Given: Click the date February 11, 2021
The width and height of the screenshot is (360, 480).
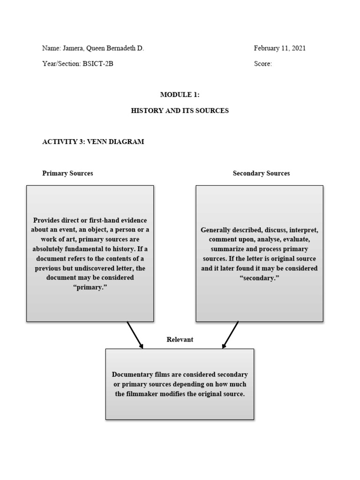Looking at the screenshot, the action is click(x=280, y=48).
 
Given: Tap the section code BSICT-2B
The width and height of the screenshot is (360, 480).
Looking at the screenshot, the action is click(x=98, y=64).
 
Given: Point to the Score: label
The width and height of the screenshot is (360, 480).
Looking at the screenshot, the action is click(x=262, y=64).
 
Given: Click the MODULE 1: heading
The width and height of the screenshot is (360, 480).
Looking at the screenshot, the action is click(x=180, y=95).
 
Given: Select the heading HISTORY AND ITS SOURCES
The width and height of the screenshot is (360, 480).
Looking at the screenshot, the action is click(x=180, y=111).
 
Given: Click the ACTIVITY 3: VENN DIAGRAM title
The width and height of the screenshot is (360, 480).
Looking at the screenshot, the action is click(x=93, y=142).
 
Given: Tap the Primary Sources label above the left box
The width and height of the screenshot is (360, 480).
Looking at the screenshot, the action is click(x=67, y=173).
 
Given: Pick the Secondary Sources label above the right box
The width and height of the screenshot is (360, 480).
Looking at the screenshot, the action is click(x=261, y=173).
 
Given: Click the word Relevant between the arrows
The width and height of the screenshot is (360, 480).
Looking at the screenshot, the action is click(x=180, y=339).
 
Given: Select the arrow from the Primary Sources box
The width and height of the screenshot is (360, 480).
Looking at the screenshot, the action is click(x=135, y=335).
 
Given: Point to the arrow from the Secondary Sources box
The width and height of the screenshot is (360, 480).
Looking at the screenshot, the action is click(x=230, y=335).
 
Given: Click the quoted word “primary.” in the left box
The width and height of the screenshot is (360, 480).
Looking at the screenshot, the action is click(x=90, y=287).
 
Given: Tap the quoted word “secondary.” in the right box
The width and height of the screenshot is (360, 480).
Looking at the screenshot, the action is click(x=259, y=277).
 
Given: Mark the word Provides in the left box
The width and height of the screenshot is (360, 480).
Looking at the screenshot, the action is click(x=46, y=220).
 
